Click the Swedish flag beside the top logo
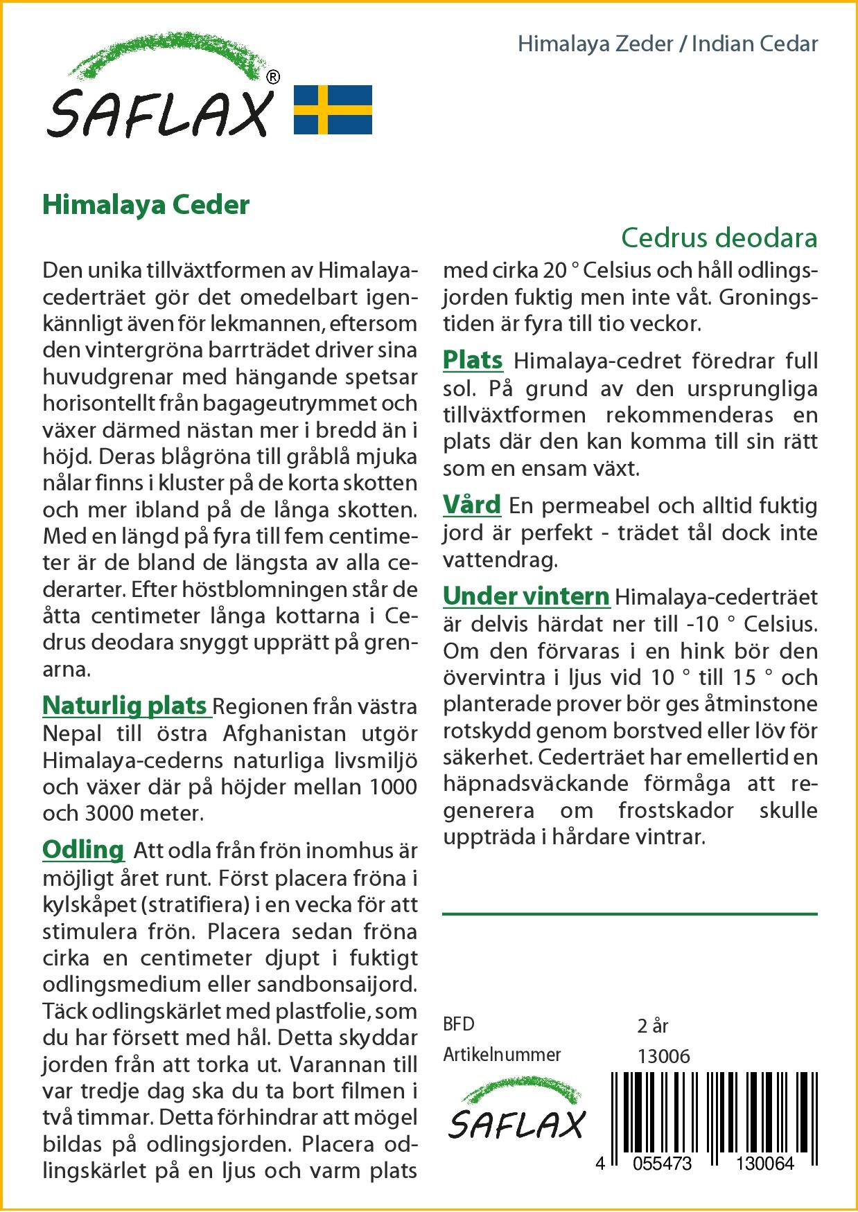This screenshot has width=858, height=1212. (x=333, y=109)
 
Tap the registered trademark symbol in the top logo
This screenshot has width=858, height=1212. (x=273, y=78)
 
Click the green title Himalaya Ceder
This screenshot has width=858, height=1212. (x=146, y=205)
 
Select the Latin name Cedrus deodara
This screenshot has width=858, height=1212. (x=719, y=238)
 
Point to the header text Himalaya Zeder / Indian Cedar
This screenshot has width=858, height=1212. (x=667, y=44)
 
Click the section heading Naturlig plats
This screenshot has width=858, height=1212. (x=125, y=705)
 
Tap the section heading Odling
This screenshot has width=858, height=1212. (x=83, y=849)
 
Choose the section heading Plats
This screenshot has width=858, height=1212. (x=473, y=360)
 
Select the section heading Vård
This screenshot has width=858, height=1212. (x=471, y=505)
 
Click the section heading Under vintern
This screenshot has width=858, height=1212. (x=526, y=596)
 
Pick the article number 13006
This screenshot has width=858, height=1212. (x=663, y=1056)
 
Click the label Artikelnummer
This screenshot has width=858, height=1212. (x=502, y=1055)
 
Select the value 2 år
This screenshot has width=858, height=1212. (x=652, y=1025)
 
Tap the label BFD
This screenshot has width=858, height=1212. (x=459, y=1024)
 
